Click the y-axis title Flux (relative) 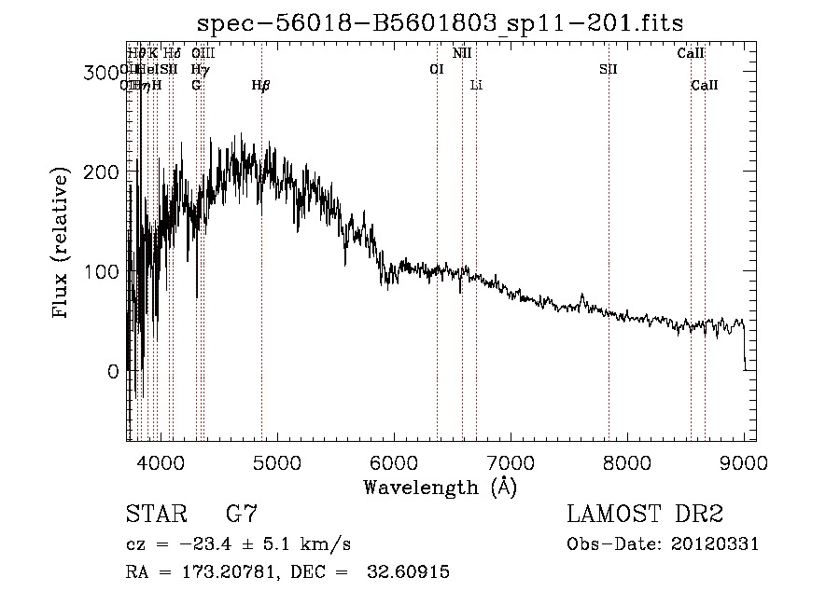tap(62, 244)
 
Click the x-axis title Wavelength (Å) tap(440, 487)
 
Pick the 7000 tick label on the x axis tap(510, 461)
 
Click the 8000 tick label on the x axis tap(626, 461)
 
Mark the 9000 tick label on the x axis tap(743, 461)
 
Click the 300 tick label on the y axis tap(101, 72)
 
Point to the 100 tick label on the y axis tap(101, 271)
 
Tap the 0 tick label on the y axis tap(112, 371)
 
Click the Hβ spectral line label tap(261, 86)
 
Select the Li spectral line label tap(476, 86)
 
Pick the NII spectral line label tap(462, 54)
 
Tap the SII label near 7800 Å tap(609, 69)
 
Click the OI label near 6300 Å tap(436, 69)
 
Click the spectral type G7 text tap(242, 514)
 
